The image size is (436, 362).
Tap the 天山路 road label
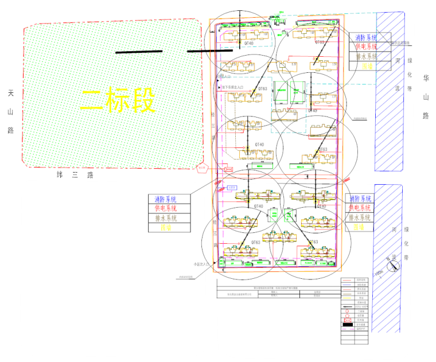coord(10,111)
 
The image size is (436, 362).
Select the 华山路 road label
coord(426,96)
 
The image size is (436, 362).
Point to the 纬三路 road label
coord(75,175)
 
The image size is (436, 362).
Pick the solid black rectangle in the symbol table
coord(347,325)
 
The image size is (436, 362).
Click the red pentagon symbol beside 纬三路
coord(201,169)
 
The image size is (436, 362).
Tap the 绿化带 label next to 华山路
coord(410,75)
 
